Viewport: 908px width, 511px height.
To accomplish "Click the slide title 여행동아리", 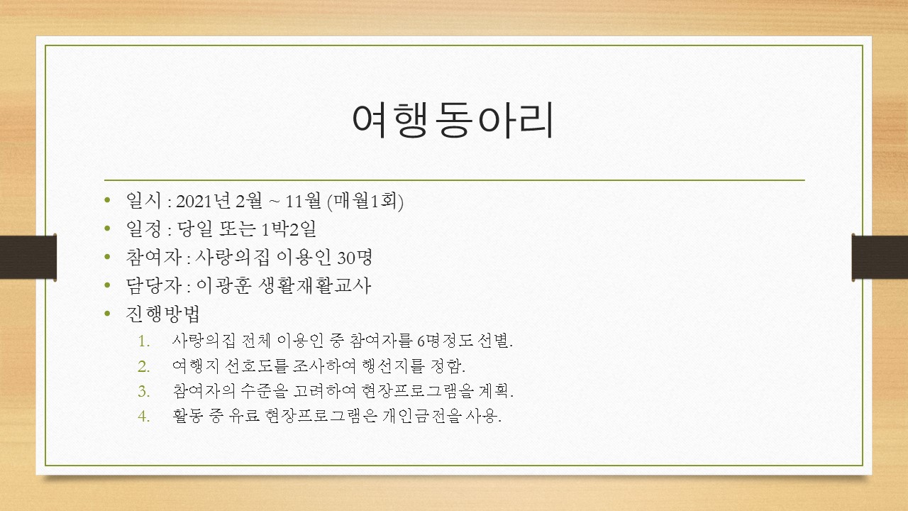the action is [453, 120].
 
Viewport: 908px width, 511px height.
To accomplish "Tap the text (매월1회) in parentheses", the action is [365, 201].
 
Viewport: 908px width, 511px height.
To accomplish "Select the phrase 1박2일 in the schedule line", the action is [289, 229].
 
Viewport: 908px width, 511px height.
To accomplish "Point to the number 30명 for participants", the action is [355, 257].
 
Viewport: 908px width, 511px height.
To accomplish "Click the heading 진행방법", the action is [163, 314].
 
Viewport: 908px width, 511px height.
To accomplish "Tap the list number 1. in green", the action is [144, 341].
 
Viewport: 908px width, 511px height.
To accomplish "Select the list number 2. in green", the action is [144, 367].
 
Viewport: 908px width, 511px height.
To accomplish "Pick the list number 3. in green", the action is [144, 391].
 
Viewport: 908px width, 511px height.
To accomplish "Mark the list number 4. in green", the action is [144, 416].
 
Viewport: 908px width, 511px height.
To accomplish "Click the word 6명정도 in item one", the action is [445, 341].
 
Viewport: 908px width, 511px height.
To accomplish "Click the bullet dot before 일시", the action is [107, 200].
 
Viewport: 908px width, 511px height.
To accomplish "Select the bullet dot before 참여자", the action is [107, 257].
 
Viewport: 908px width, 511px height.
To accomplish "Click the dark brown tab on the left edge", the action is [28, 257].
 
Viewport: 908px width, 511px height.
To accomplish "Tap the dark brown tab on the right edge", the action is [880, 257].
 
